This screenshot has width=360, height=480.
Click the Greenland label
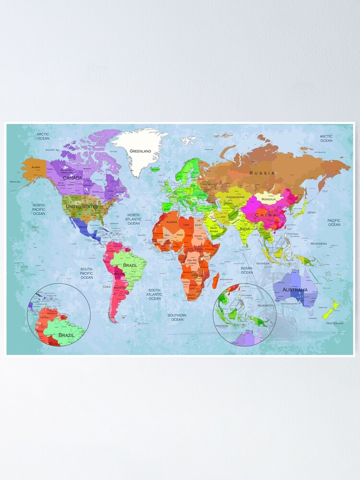click(x=140, y=151)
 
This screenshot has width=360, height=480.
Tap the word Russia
click(x=262, y=173)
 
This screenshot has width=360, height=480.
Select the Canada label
click(x=73, y=178)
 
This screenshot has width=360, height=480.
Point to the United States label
click(x=81, y=206)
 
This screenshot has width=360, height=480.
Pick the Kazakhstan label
click(x=236, y=197)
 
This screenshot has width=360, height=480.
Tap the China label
click(x=265, y=216)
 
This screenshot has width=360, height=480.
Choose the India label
click(x=245, y=229)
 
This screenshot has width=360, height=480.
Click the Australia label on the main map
click(x=295, y=290)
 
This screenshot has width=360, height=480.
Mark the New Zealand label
click(x=335, y=323)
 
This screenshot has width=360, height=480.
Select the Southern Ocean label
click(x=177, y=317)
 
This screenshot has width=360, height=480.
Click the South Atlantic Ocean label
click(x=155, y=294)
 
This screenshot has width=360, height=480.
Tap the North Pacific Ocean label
click(x=39, y=209)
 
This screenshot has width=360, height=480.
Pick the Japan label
click(x=312, y=212)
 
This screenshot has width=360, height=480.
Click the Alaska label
click(x=36, y=167)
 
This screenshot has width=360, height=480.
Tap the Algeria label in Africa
click(x=172, y=222)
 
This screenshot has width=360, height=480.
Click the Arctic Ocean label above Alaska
click(x=43, y=136)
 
